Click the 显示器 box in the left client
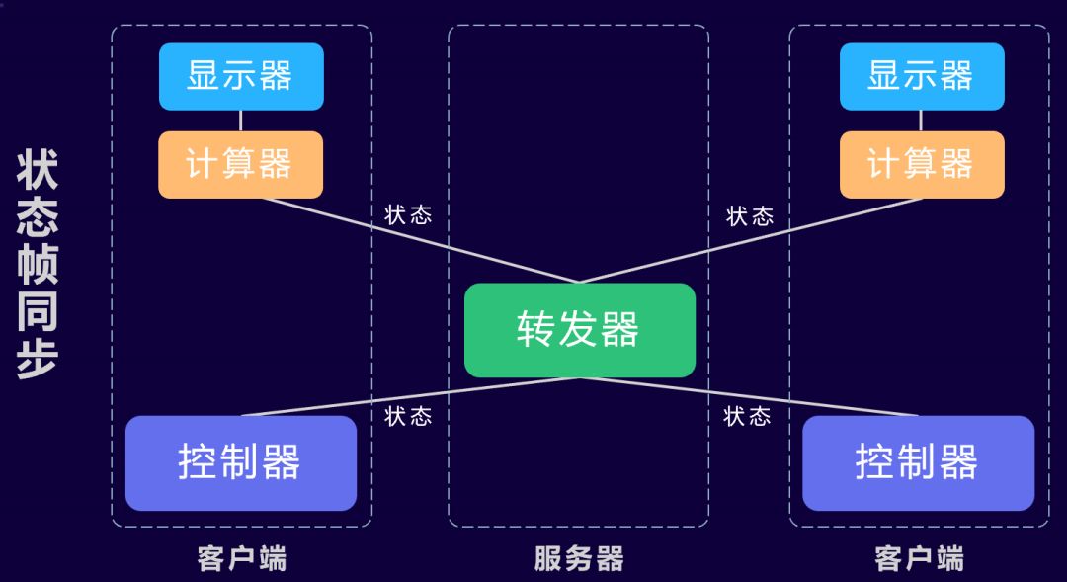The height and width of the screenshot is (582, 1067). pyautogui.click(x=241, y=76)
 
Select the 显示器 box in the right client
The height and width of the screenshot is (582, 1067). pyautogui.click(x=922, y=76)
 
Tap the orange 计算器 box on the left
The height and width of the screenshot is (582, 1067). pyautogui.click(x=241, y=164)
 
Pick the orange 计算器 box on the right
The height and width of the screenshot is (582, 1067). pyautogui.click(x=922, y=164)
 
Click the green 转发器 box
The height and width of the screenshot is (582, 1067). pyautogui.click(x=580, y=330)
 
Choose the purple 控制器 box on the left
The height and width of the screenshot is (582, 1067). pyautogui.click(x=241, y=462)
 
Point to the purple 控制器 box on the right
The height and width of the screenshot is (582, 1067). pyautogui.click(x=918, y=462)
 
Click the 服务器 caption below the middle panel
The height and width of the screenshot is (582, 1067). pyautogui.click(x=579, y=559)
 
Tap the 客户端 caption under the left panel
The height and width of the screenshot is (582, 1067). pyautogui.click(x=242, y=559)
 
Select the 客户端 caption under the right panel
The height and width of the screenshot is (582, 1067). pyautogui.click(x=919, y=559)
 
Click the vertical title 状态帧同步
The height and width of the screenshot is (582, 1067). pyautogui.click(x=38, y=265)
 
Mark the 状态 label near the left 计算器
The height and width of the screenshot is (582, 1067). pyautogui.click(x=408, y=215)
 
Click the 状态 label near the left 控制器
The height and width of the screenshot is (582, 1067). pyautogui.click(x=408, y=416)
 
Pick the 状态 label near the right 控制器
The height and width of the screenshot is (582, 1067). pyautogui.click(x=747, y=416)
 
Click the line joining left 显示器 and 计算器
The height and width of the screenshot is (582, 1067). pyautogui.click(x=241, y=121)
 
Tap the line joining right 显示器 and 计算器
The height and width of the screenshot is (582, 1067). pyautogui.click(x=922, y=121)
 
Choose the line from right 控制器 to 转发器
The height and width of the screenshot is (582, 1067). pyautogui.click(x=751, y=397)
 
